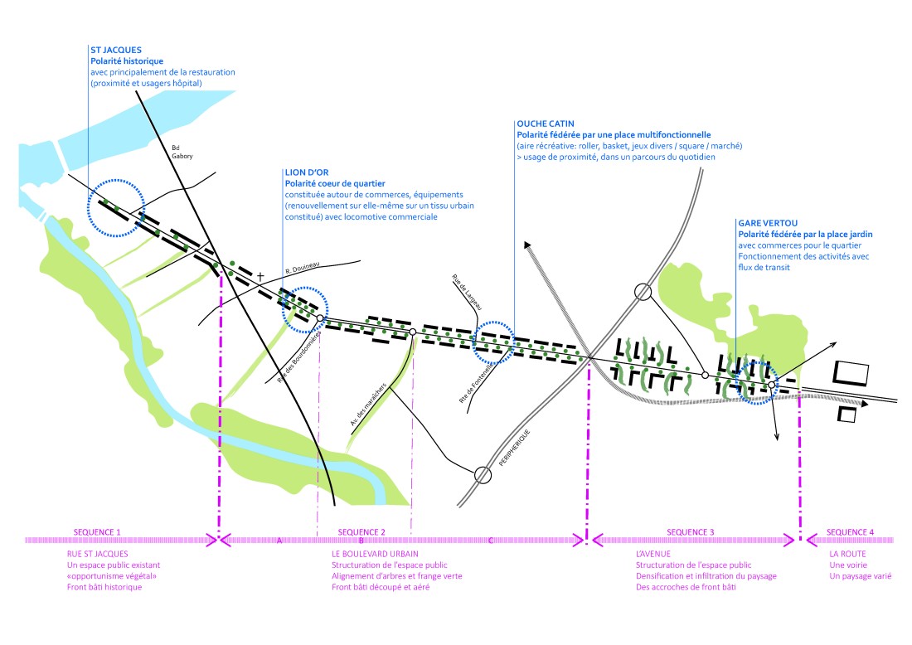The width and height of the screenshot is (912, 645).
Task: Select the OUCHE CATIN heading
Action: pyautogui.click(x=545, y=124)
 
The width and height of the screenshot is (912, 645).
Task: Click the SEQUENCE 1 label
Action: pyautogui.click(x=97, y=531)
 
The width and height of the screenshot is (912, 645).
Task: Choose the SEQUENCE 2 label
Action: pyautogui.click(x=361, y=531)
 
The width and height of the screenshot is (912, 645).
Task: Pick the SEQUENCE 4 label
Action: pyautogui.click(x=850, y=531)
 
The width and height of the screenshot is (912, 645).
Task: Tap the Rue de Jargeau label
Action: pyautogui.click(x=468, y=293)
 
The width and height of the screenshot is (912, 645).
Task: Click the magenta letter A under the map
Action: pyautogui.click(x=279, y=541)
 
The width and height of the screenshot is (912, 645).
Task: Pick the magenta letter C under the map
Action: pyautogui.click(x=490, y=541)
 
